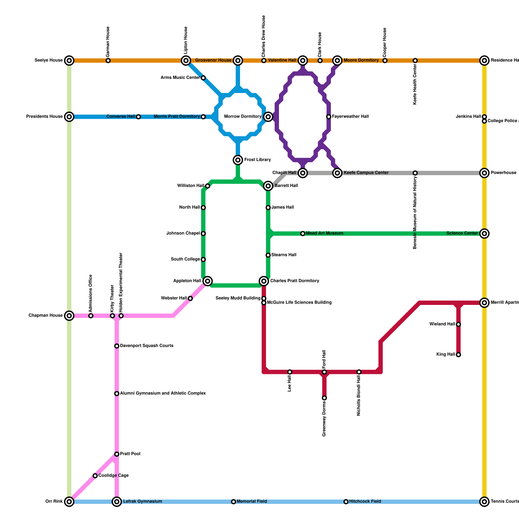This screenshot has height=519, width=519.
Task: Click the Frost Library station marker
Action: pyautogui.click(x=238, y=160)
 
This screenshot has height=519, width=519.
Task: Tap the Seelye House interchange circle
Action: pyautogui.click(x=69, y=61)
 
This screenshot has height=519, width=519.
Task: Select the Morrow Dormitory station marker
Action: pyautogui.click(x=268, y=117)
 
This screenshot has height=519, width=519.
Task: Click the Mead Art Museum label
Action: pyautogui.click(x=324, y=234)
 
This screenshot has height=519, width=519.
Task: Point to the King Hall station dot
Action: pyautogui.click(x=458, y=355)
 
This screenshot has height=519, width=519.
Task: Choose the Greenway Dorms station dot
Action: pyautogui.click(x=324, y=398)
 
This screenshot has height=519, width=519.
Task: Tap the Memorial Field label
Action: pyautogui.click(x=252, y=501)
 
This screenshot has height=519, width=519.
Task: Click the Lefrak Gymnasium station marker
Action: pyautogui.click(x=117, y=502)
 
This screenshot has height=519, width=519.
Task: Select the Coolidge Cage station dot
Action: pyautogui.click(x=95, y=476)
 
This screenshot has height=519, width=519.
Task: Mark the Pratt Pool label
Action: pyautogui.click(x=130, y=454)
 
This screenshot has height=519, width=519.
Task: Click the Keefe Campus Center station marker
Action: pyautogui.click(x=337, y=173)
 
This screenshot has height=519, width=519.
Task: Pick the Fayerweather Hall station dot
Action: pyautogui.click(x=329, y=117)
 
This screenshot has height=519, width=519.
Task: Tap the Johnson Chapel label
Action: pyautogui.click(x=183, y=234)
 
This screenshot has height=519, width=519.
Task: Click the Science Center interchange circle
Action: pyautogui.click(x=484, y=234)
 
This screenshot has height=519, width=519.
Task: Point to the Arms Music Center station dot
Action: pyautogui.click(x=203, y=78)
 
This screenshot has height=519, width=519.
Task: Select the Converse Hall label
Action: pyautogui.click(x=121, y=117)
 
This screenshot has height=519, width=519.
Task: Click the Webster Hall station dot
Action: pyautogui.click(x=190, y=298)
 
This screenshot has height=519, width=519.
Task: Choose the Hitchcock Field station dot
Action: pyautogui.click(x=346, y=502)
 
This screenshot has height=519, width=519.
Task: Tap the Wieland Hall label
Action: pyautogui.click(x=442, y=324)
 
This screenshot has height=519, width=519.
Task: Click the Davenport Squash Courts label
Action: pyautogui.click(x=147, y=346)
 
